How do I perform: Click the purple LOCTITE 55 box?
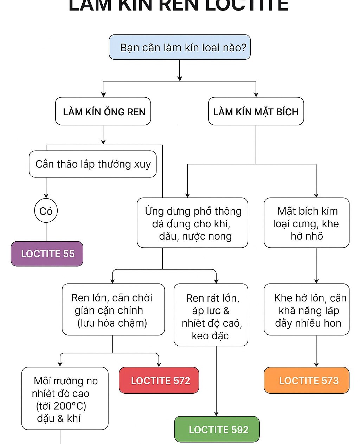pos(47,254)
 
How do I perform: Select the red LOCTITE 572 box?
pos(159,380)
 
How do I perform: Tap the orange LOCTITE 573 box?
pos(307,380)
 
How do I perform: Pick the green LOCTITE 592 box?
pos(217,429)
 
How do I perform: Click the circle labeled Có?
pos(46,211)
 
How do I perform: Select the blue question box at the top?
pos(180,47)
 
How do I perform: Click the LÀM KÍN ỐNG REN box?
pos(103,111)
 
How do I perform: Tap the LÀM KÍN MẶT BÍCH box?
pos(256,111)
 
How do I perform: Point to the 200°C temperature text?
pos(61,406)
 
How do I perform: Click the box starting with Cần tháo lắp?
pos(93,164)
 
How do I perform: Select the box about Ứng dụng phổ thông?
pos(192,223)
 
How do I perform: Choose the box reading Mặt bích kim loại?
pos(307,223)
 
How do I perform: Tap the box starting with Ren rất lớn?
pos(211,315)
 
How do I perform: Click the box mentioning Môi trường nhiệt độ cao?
pos(65,398)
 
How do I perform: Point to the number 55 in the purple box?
pos(69,254)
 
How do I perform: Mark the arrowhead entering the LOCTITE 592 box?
pos(216,413)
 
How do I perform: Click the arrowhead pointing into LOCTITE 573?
pos(316,364)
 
